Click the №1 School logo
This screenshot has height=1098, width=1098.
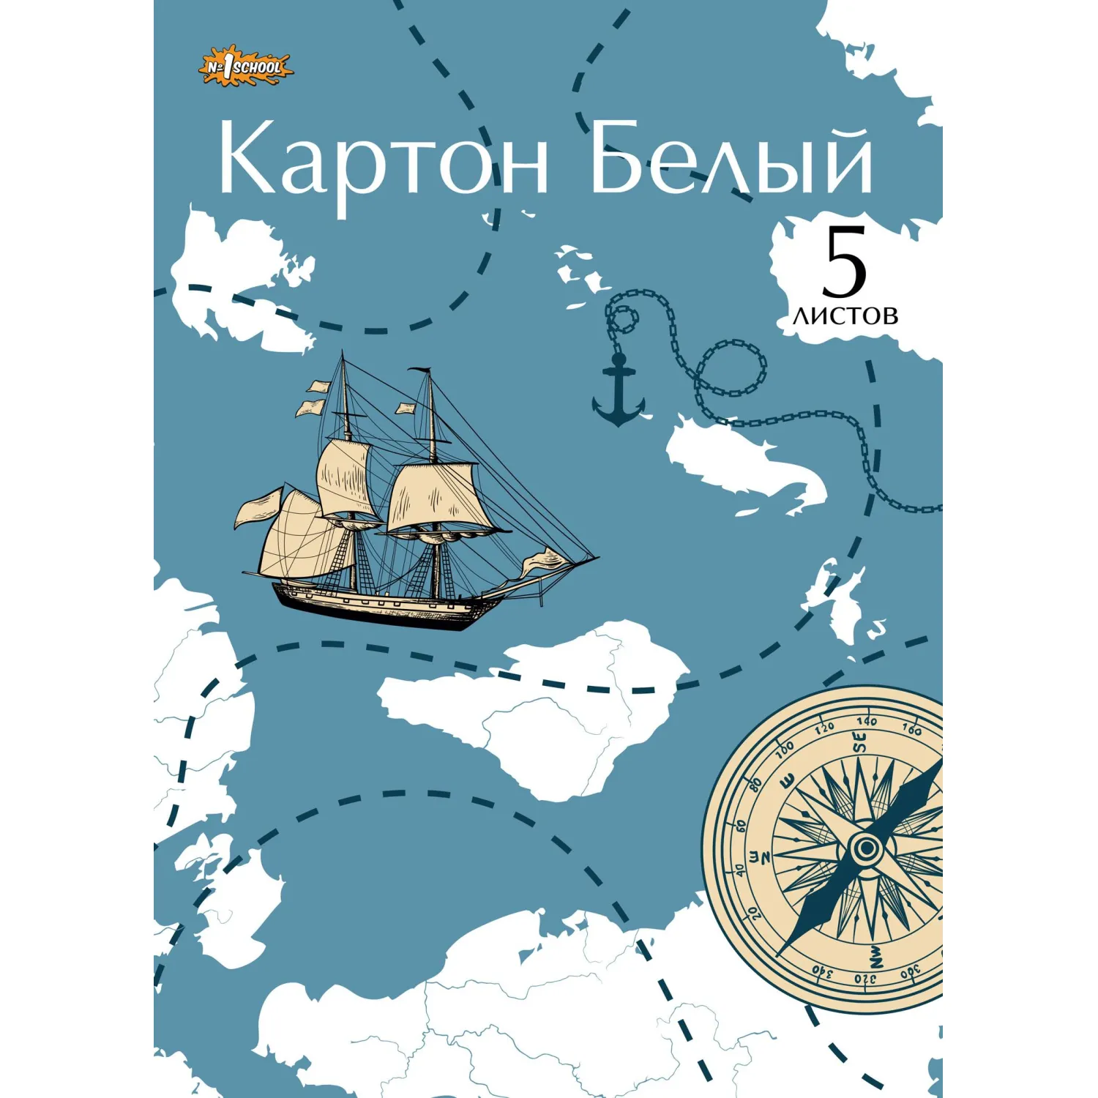point(246,69)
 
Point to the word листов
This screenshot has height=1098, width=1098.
point(845,315)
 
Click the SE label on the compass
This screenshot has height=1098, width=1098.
point(860,744)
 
